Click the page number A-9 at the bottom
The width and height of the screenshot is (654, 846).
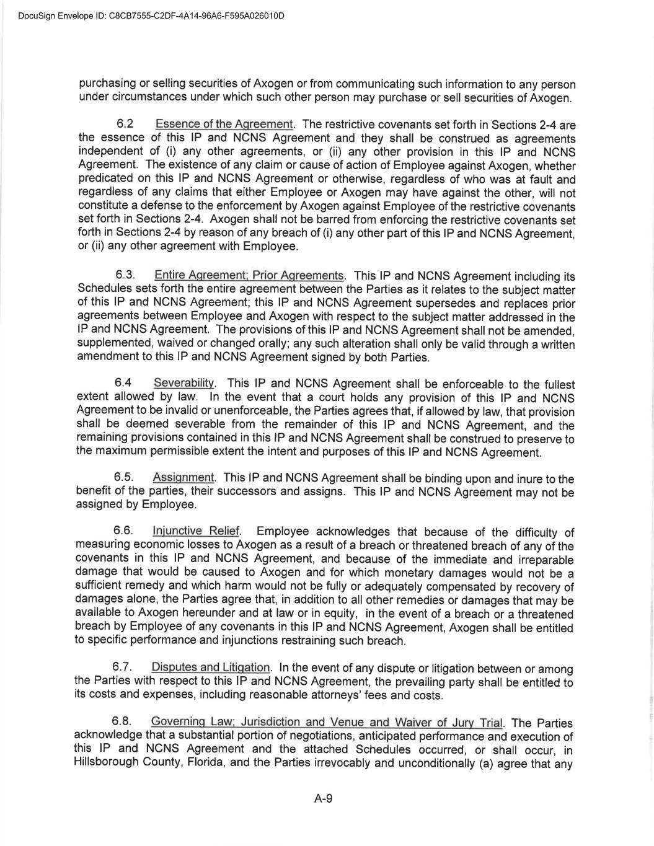tap(324, 799)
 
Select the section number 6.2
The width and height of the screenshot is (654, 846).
tap(125, 124)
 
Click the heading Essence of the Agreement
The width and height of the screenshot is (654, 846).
tap(224, 124)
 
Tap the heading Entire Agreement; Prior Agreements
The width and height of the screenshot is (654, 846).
tap(249, 275)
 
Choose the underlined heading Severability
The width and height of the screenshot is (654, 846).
tap(184, 384)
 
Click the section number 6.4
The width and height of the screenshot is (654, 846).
tap(123, 384)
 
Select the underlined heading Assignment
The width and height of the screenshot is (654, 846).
tap(183, 478)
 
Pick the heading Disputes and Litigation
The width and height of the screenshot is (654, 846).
tap(211, 668)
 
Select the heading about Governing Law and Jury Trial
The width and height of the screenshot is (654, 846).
tap(327, 722)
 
